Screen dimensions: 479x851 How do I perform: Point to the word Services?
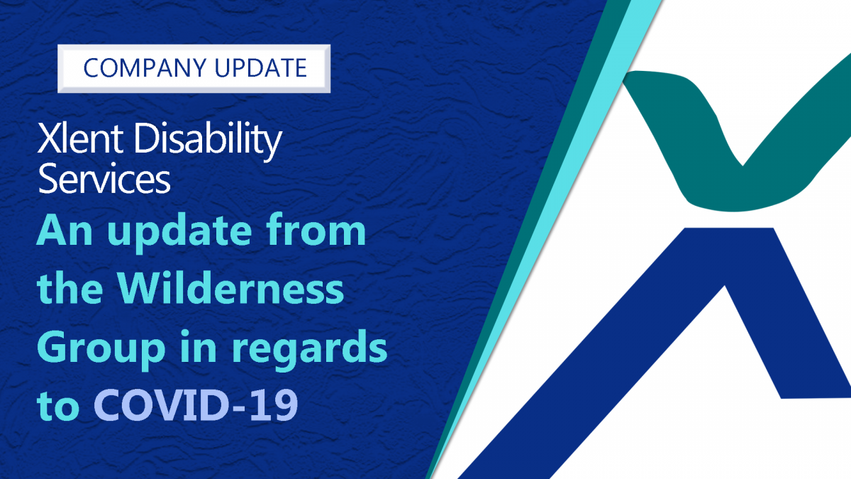104,178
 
